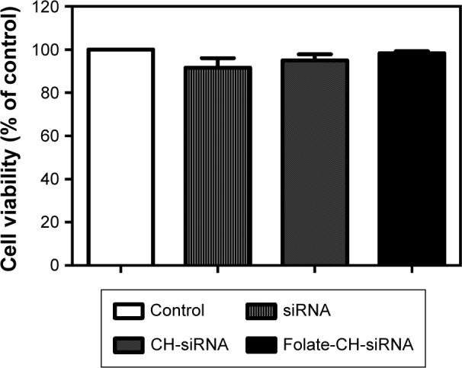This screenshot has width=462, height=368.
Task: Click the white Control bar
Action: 120,158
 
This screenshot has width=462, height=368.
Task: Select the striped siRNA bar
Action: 218,166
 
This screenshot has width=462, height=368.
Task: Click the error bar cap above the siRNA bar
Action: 218,59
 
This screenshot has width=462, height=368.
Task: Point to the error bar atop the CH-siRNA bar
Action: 315,55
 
